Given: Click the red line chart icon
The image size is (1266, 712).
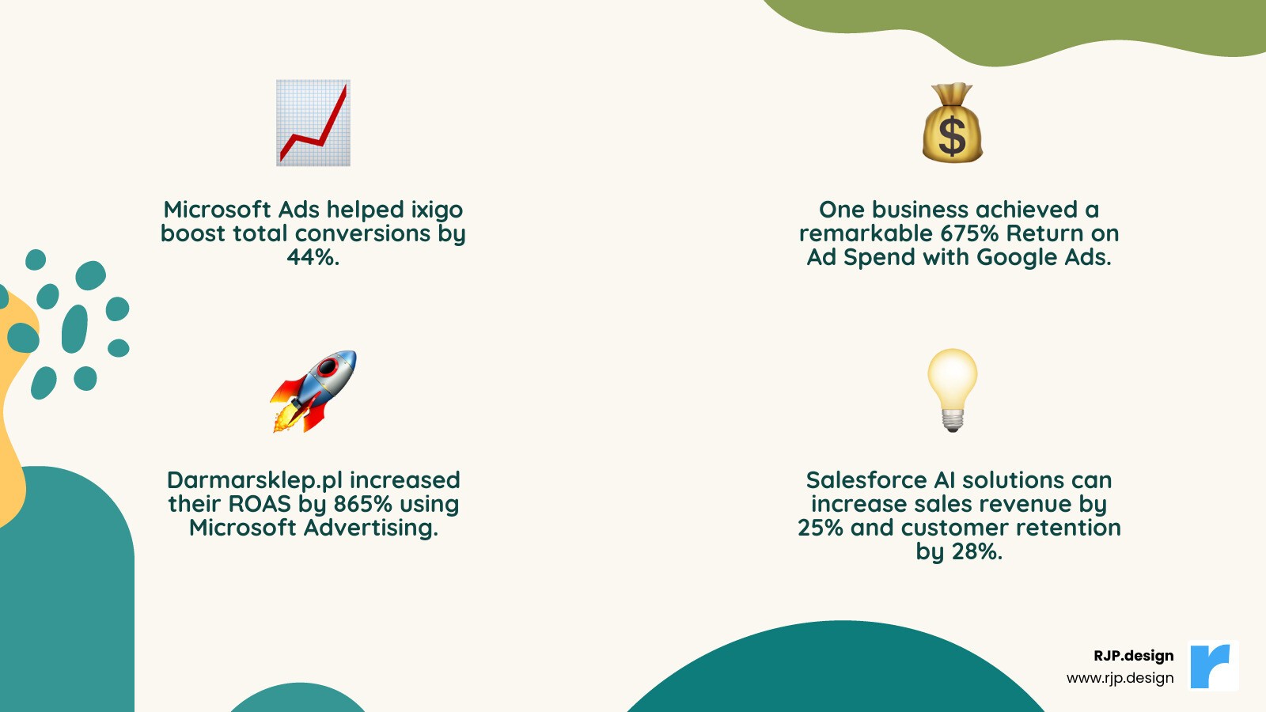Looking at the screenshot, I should tap(313, 123).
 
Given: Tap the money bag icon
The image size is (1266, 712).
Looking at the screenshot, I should tap(952, 123).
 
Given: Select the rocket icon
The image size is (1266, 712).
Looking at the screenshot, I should tap(313, 391).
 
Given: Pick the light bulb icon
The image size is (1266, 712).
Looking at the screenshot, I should tap(953, 389).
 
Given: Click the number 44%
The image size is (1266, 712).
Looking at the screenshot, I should tap(313, 257).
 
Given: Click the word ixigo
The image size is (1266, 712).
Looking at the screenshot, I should tap(437, 210).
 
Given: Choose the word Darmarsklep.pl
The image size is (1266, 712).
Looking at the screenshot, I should tap(255, 480).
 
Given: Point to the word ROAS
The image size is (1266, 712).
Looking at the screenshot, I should tap(260, 504).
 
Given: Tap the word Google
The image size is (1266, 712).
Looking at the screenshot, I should tap(1017, 257).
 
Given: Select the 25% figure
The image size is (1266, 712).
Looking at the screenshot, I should tap(821, 528).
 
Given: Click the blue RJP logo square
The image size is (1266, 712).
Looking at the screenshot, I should tap(1214, 666).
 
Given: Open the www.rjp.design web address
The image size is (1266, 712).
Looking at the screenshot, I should tap(1120, 678).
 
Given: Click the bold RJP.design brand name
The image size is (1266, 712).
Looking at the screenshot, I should tap(1133, 656).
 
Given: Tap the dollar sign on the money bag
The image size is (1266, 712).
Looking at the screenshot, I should tap(952, 135).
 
